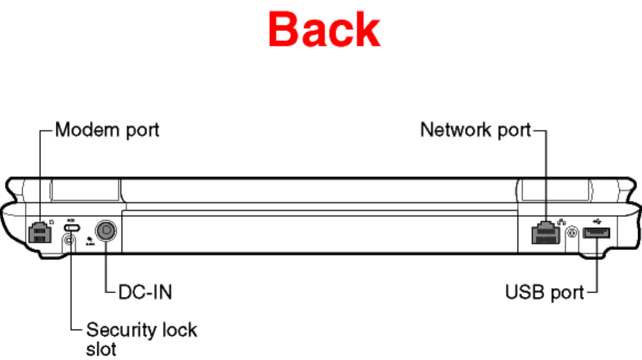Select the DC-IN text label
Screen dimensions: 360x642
[145, 292]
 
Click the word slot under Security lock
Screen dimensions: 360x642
[101, 348]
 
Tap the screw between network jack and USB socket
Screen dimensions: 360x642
[572, 233]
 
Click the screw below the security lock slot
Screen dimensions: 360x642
[69, 240]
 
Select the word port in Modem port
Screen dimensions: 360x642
[142, 131]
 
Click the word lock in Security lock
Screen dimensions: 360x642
[179, 330]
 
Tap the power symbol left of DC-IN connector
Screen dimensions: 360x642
[89, 239]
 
